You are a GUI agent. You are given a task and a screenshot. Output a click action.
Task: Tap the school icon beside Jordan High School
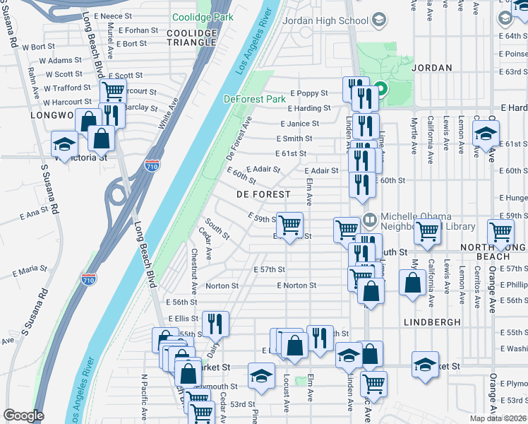(380, 20)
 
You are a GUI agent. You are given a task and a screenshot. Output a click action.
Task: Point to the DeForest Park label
(254, 100)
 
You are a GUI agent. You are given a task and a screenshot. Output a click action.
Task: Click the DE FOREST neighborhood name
(263, 194)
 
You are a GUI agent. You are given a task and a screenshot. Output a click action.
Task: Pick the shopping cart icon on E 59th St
(289, 225)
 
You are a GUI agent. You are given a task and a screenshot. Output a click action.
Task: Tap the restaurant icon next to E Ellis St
(215, 324)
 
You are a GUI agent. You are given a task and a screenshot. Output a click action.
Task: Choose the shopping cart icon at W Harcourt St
(112, 91)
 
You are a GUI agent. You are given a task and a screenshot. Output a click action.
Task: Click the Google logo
(24, 415)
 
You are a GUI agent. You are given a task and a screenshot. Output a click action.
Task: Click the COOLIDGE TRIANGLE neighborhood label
(191, 37)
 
